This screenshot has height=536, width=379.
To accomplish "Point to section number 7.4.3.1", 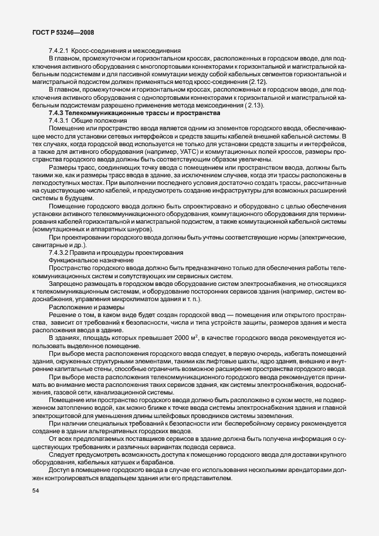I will point(60,120).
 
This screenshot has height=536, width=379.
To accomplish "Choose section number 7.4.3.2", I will point(60,252).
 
